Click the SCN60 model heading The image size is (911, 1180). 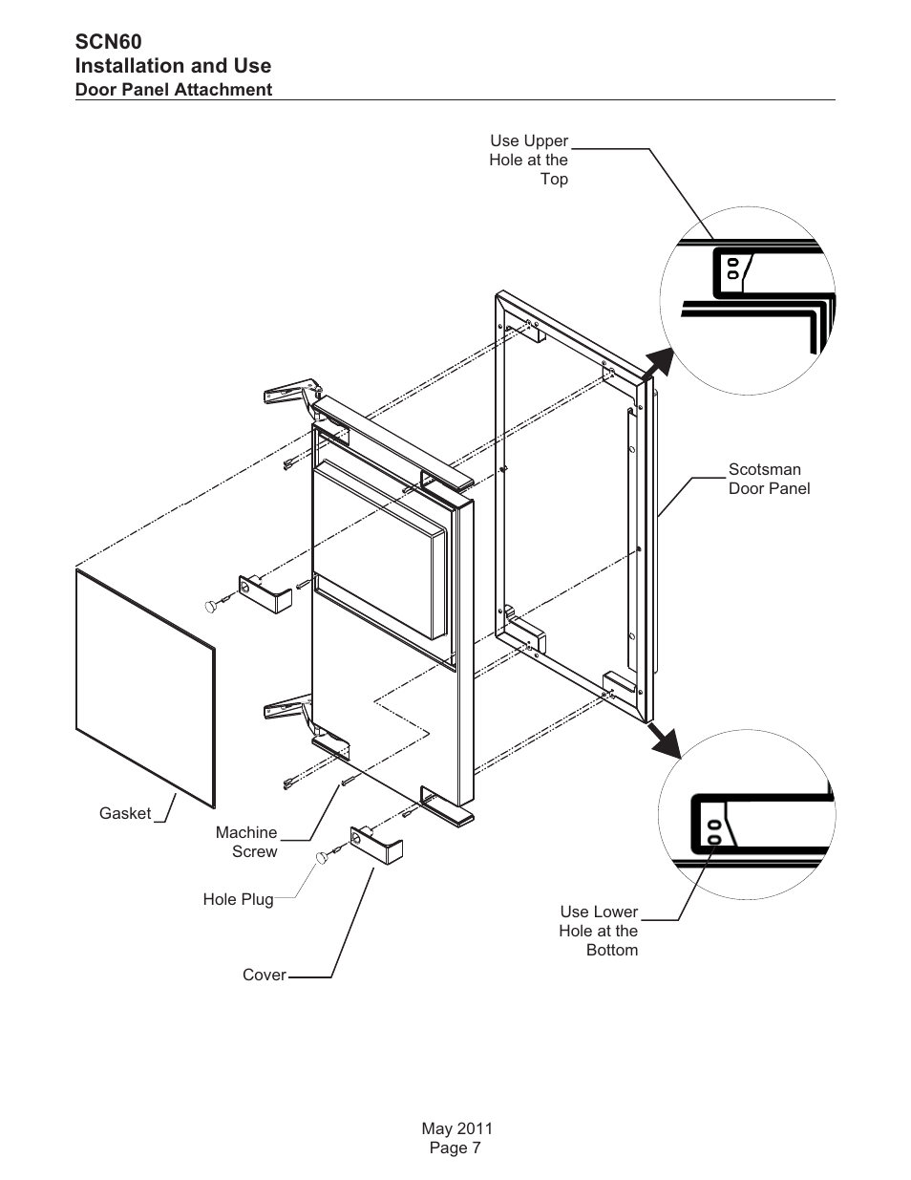(x=109, y=42)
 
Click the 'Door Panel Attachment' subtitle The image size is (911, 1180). (x=174, y=90)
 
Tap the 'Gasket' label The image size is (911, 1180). (x=125, y=813)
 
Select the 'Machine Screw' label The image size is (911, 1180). (x=246, y=842)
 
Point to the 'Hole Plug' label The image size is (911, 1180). (x=238, y=899)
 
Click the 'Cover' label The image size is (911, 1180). (x=265, y=975)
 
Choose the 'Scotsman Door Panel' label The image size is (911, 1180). (x=770, y=479)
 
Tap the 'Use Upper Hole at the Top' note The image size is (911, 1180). (x=528, y=160)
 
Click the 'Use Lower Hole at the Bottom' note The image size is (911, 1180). (x=599, y=931)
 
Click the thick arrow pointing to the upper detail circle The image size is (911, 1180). (x=658, y=364)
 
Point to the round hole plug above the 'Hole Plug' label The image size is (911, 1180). (x=323, y=858)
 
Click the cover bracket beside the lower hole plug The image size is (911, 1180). (x=376, y=845)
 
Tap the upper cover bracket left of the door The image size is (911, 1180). (x=265, y=594)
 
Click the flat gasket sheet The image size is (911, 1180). (x=145, y=689)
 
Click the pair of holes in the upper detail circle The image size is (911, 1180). (x=732, y=268)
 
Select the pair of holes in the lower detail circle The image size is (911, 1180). (x=714, y=832)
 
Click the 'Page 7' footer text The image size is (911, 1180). (x=455, y=1148)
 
